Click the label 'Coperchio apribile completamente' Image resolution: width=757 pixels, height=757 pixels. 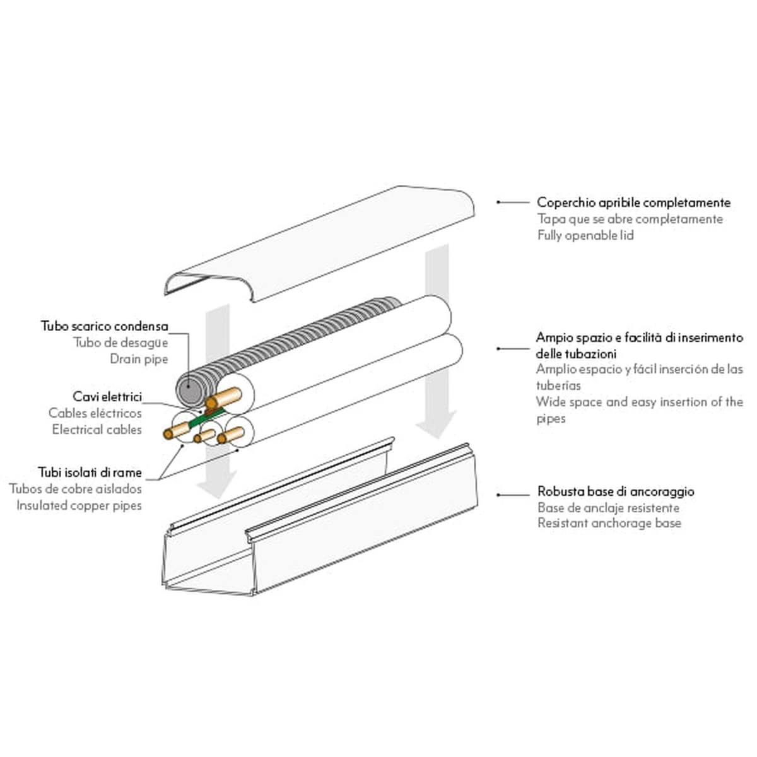[x=633, y=202]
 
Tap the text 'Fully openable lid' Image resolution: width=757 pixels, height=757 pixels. [x=585, y=235]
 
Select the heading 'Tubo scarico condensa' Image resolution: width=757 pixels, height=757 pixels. [x=105, y=326]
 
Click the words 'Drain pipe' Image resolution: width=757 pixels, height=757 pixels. [x=139, y=359]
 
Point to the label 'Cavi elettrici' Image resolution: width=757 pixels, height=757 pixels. [x=107, y=397]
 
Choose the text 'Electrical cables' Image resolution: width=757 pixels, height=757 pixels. [x=97, y=430]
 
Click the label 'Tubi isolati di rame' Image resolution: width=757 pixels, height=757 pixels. [x=90, y=472]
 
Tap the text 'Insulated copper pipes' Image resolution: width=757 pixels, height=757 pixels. [x=79, y=505]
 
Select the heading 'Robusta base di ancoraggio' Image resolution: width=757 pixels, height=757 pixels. [x=616, y=491]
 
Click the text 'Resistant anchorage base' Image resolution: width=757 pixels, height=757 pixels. [x=609, y=523]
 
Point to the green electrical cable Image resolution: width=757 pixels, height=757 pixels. [x=206, y=418]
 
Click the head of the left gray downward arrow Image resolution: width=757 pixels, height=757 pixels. [x=217, y=484]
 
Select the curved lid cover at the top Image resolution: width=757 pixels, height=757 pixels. [x=319, y=244]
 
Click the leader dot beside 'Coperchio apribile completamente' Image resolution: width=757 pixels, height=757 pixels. [x=498, y=202]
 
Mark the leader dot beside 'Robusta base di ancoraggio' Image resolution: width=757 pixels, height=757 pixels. [x=498, y=495]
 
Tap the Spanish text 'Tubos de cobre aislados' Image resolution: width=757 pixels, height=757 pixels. [x=76, y=489]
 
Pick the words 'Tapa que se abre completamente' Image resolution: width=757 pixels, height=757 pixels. [x=630, y=219]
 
